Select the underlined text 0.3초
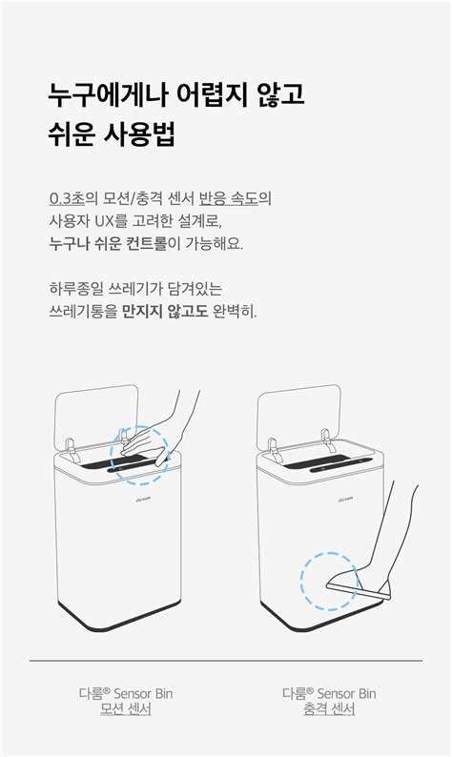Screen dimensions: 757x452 tap(68, 198)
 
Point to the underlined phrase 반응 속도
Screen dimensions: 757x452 tap(235, 198)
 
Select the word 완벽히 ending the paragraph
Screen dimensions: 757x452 tap(235, 311)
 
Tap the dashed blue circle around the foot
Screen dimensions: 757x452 tap(330, 581)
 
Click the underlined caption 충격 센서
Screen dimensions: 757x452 tap(328, 709)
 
